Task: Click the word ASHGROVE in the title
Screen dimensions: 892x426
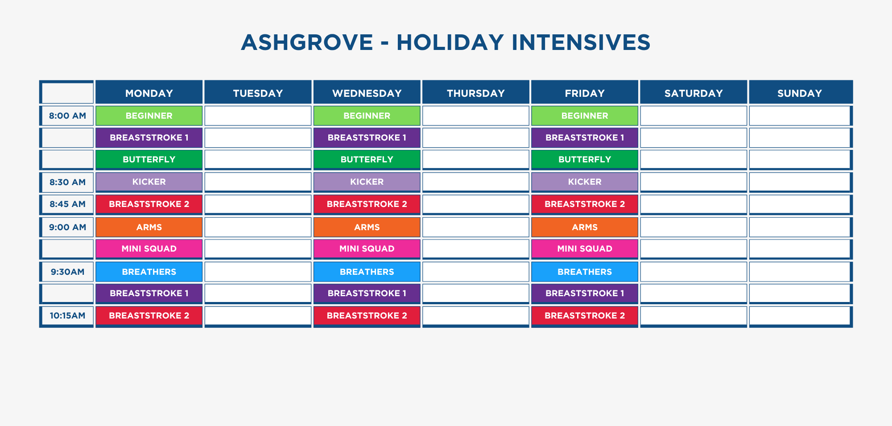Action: pyautogui.click(x=307, y=42)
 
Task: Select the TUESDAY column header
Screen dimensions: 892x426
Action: pyautogui.click(x=258, y=93)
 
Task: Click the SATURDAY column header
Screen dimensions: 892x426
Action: pyautogui.click(x=694, y=93)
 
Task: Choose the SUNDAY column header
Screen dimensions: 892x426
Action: pyautogui.click(x=800, y=93)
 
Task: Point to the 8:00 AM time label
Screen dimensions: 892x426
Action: pyautogui.click(x=67, y=116)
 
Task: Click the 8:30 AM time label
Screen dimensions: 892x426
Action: pyautogui.click(x=67, y=182)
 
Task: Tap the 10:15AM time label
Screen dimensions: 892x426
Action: pyautogui.click(x=67, y=316)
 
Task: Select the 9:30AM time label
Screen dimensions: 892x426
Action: pyautogui.click(x=67, y=272)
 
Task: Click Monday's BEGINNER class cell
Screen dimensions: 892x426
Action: pyautogui.click(x=149, y=116)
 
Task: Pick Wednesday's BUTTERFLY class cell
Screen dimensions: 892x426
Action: pyautogui.click(x=367, y=159)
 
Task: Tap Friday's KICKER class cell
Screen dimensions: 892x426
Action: pyautogui.click(x=585, y=182)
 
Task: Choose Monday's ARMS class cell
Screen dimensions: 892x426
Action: pyautogui.click(x=149, y=227)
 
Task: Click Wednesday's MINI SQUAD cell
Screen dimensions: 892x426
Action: pyautogui.click(x=367, y=249)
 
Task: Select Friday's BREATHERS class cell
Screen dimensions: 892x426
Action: pyautogui.click(x=585, y=272)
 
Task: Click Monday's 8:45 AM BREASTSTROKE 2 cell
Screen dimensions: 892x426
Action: pyautogui.click(x=149, y=204)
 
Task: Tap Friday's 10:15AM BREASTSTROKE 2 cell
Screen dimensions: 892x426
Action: pyautogui.click(x=585, y=316)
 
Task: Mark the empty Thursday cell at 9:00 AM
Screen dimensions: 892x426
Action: pyautogui.click(x=476, y=227)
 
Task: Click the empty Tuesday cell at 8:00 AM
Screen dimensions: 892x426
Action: pyautogui.click(x=258, y=116)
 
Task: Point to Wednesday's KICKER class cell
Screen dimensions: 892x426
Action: pyautogui.click(x=367, y=182)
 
